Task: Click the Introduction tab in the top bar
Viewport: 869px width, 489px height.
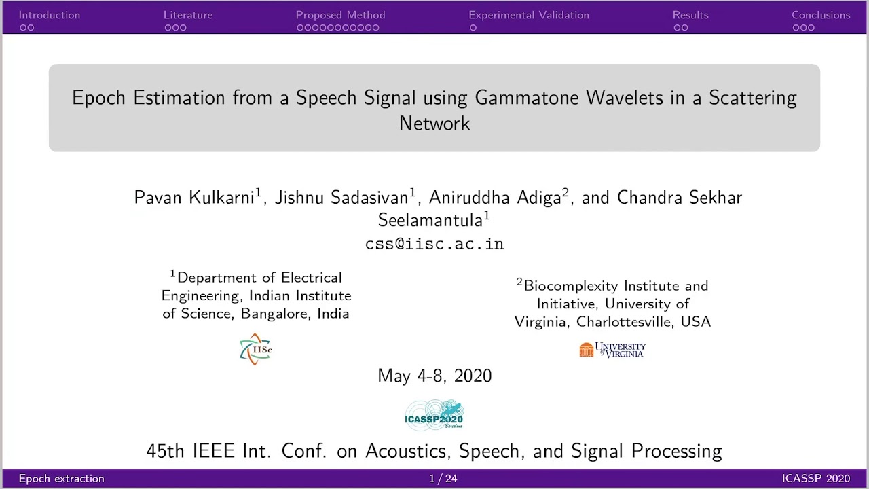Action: click(49, 15)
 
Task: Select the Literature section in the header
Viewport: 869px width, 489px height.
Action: click(188, 15)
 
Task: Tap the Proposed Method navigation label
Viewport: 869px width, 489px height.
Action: click(340, 15)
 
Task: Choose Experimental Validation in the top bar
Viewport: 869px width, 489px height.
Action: click(529, 15)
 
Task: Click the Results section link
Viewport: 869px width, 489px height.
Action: click(690, 15)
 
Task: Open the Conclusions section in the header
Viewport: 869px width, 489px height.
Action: click(821, 15)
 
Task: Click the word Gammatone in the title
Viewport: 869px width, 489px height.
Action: click(528, 98)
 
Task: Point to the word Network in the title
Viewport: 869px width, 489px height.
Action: click(434, 124)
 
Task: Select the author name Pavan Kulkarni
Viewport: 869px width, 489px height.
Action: click(195, 198)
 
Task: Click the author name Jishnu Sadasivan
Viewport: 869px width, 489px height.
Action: click(341, 198)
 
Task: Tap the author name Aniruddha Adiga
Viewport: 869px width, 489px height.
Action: click(495, 198)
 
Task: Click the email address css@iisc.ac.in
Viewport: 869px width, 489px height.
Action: click(434, 244)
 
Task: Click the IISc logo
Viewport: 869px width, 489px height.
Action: click(256, 350)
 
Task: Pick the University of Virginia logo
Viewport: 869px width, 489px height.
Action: click(612, 350)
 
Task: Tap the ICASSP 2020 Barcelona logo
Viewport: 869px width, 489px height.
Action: click(434, 414)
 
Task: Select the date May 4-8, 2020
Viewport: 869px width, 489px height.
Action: click(434, 376)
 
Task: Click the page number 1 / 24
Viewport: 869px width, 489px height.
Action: click(443, 479)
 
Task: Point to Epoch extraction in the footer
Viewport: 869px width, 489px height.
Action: click(61, 479)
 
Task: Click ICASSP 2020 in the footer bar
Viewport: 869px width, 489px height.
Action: click(815, 479)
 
